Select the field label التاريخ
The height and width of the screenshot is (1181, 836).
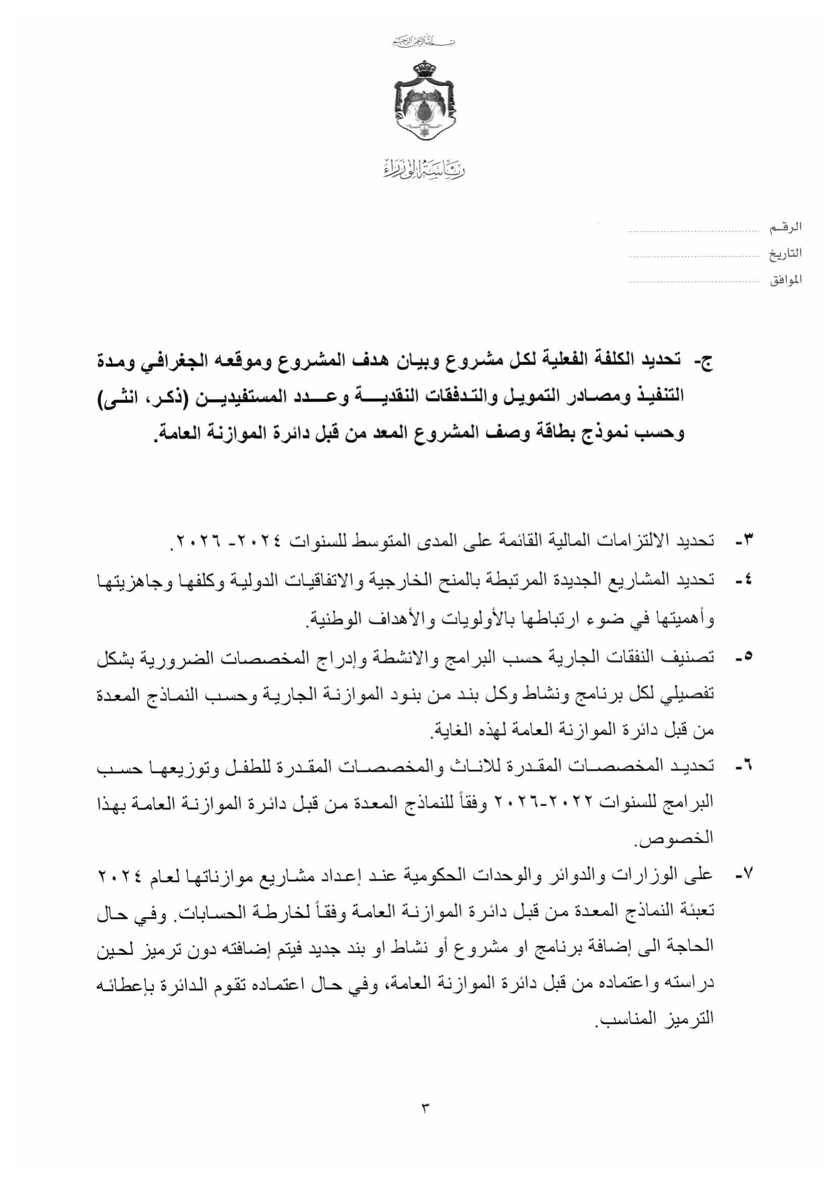pyautogui.click(x=785, y=254)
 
